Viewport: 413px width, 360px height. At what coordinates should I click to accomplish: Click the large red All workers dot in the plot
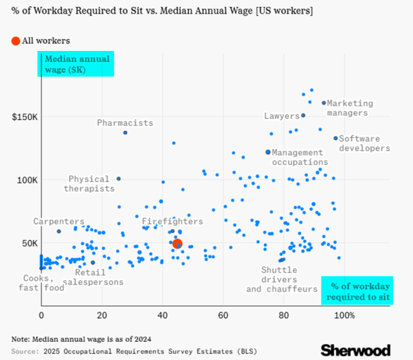pos(177,243)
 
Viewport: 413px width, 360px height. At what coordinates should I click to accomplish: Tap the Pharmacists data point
pos(125,132)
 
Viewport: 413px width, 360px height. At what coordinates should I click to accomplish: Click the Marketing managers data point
pos(323,103)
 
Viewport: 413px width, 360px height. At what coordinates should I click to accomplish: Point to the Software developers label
pos(364,143)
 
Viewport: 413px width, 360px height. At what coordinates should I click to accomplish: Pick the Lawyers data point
pos(303,115)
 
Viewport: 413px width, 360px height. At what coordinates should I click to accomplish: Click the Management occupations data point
pos(268,152)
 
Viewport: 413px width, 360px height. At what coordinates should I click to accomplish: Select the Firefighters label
pos(172,221)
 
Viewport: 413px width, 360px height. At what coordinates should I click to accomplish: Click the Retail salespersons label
pos(94,277)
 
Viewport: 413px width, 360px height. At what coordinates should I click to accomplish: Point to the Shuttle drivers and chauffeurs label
pos(281,279)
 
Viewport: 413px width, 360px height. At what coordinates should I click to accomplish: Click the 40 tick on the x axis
pos(163,315)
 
